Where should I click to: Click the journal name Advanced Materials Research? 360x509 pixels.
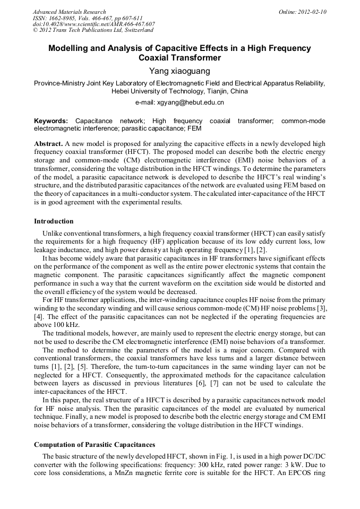69,12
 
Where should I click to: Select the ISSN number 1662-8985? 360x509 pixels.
62,18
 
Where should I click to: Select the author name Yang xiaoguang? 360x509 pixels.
179,71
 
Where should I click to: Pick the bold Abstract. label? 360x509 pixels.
48,144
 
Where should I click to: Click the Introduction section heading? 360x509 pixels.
54,221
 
